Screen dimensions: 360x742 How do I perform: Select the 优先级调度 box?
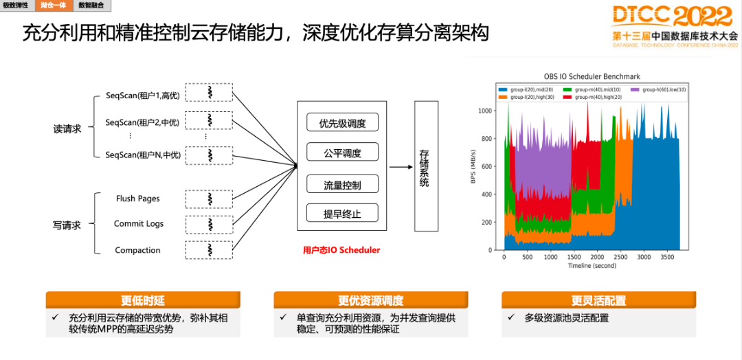tap(342, 123)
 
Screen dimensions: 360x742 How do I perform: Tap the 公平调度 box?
tap(342, 153)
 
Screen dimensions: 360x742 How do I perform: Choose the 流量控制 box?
tap(342, 185)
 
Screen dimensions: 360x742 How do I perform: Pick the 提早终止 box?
tap(342, 214)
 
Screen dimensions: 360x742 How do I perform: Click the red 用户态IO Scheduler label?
tap(341, 250)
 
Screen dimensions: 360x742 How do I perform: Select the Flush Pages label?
tap(137, 199)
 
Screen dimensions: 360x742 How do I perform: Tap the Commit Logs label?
tap(139, 224)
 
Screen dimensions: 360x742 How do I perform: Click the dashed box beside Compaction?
tap(209, 250)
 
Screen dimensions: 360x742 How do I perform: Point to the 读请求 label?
tap(67, 128)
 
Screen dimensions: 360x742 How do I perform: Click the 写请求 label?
tap(67, 225)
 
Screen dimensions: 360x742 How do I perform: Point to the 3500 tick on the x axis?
tap(667, 257)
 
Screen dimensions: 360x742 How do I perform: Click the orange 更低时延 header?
tap(143, 300)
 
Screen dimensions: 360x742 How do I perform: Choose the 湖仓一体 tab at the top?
tap(53, 5)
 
